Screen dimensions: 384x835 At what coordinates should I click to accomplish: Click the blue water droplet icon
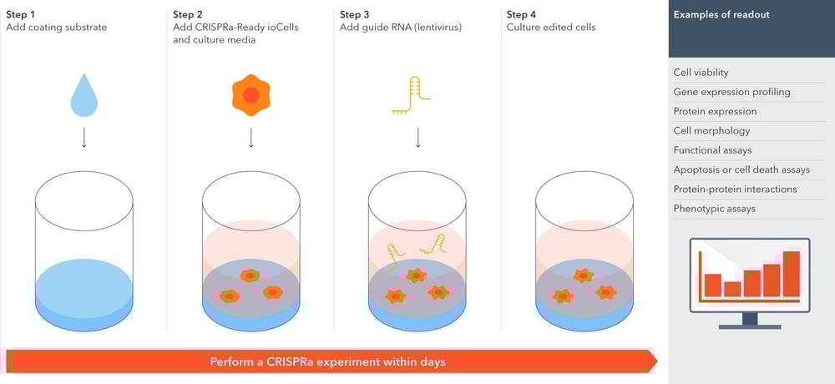coord(83,97)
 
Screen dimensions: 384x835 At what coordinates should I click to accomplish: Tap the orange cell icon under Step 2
coord(250,95)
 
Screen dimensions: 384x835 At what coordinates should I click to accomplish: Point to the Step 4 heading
coord(522,14)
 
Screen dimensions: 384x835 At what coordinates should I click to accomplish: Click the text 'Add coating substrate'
coord(57,28)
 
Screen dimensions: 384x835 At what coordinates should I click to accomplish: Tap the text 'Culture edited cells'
coord(552,28)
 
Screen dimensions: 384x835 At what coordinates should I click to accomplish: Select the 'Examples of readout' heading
coord(721,14)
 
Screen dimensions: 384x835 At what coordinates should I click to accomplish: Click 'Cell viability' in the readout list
coord(701,73)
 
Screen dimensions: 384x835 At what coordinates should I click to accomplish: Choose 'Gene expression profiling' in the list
coord(731,92)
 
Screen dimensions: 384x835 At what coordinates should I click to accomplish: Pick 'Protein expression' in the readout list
coord(715,111)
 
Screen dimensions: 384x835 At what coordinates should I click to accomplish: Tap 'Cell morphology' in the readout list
coord(711,130)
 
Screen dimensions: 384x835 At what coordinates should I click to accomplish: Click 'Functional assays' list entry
coord(712,150)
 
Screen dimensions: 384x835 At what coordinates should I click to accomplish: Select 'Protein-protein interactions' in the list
coord(735,189)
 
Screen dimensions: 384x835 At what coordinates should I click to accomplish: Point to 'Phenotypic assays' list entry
coord(714,208)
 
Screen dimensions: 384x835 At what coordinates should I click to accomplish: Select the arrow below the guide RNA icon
coord(417,137)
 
